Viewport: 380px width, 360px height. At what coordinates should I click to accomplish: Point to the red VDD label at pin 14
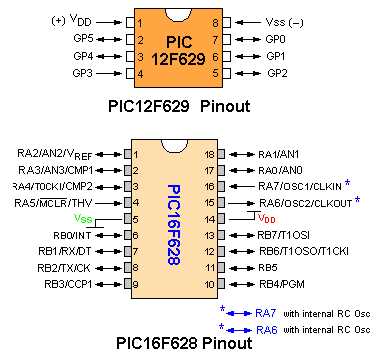pos(267,217)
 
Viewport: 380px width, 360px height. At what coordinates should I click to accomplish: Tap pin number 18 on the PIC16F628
pos(208,154)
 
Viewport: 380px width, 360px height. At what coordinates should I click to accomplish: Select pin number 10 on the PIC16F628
pos(208,284)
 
